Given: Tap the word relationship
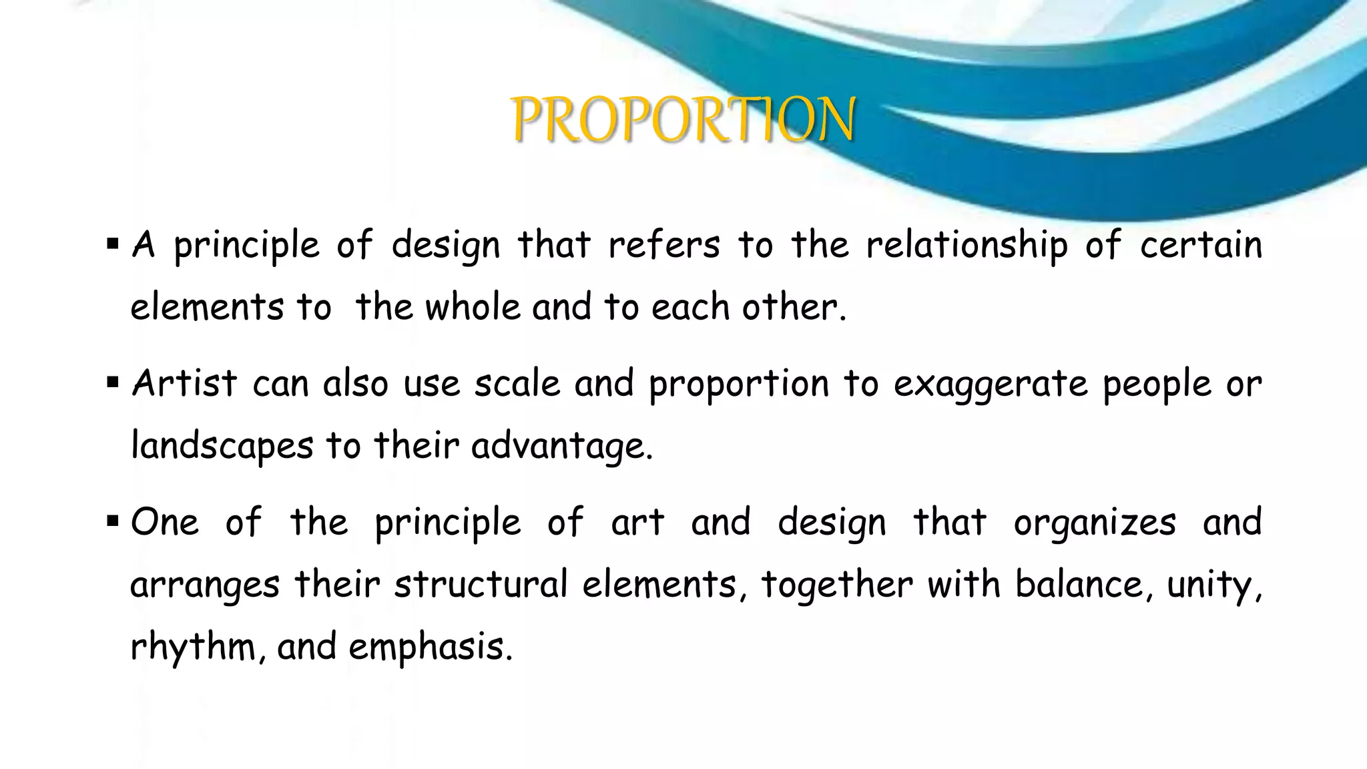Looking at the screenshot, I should click(x=967, y=246).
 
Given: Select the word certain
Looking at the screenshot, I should click(x=1201, y=244).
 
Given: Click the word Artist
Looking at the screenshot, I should click(x=184, y=384).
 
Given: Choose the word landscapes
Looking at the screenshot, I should click(x=222, y=446).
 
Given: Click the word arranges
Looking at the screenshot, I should click(x=204, y=585).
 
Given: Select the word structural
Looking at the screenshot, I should click(x=481, y=584).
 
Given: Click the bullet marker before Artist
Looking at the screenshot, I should click(x=112, y=383).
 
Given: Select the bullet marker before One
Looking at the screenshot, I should click(x=112, y=521).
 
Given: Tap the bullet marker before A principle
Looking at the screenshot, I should click(x=112, y=244).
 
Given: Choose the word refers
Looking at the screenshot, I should click(x=664, y=244).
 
